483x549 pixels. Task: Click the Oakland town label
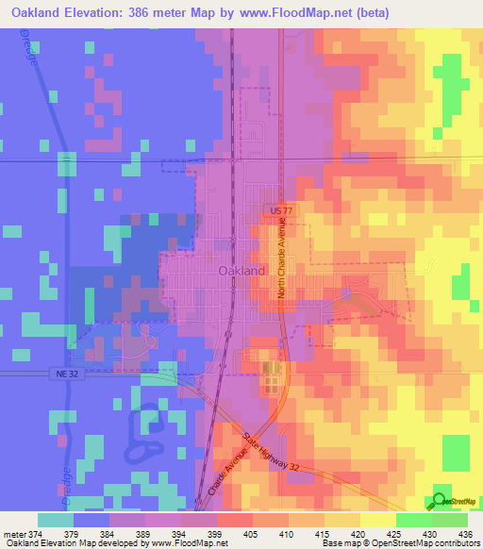[x=241, y=271]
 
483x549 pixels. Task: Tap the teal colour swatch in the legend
[x=56, y=520]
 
